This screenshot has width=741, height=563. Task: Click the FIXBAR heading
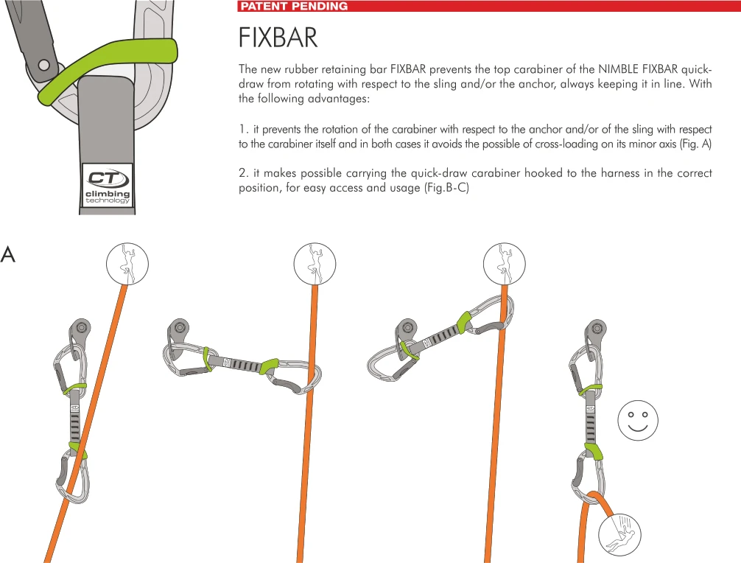pyautogui.click(x=278, y=38)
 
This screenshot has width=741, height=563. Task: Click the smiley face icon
pyautogui.click(x=637, y=421)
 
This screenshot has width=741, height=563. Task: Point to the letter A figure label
pyautogui.click(x=8, y=255)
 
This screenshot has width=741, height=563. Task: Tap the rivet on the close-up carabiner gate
pyautogui.click(x=44, y=66)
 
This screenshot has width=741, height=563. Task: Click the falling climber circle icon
pyautogui.click(x=619, y=535)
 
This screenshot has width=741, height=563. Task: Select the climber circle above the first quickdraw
pyautogui.click(x=127, y=262)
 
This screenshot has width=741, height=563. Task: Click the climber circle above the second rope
pyautogui.click(x=315, y=262)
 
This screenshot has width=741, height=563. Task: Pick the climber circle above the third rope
pyautogui.click(x=504, y=262)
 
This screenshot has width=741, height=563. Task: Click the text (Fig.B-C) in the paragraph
pyautogui.click(x=447, y=188)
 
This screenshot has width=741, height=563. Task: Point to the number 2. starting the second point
pyautogui.click(x=243, y=173)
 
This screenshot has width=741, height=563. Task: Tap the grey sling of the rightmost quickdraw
pyautogui.click(x=591, y=416)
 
